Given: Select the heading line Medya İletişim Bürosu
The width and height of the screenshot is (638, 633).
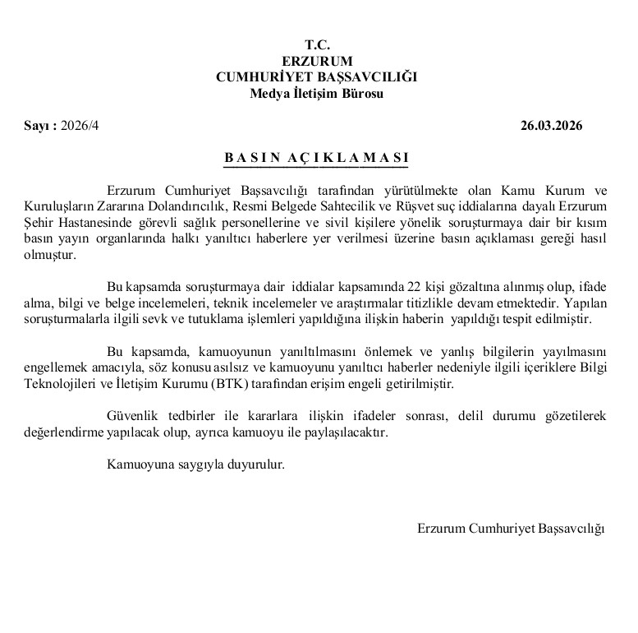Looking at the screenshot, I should coord(316,93).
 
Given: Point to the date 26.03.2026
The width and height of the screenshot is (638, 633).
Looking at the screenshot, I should coord(551,126).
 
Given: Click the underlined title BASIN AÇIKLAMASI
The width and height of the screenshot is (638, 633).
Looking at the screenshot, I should coord(317,157).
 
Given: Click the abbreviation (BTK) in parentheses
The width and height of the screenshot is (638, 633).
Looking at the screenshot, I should coord(282,383).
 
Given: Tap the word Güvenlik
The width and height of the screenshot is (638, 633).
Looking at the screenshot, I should coord(131,415).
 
